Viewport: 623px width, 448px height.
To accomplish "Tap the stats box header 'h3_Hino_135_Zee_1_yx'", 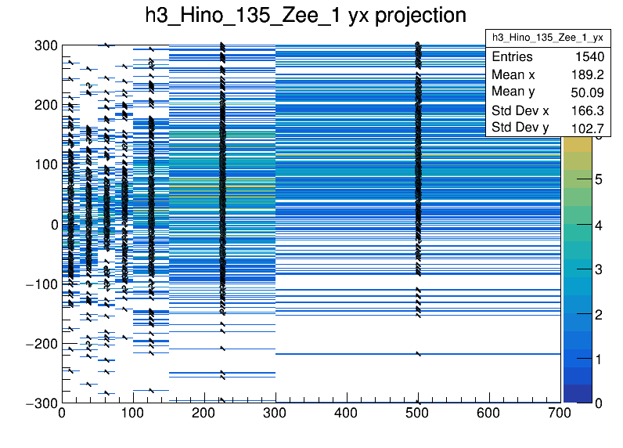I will click(547, 38).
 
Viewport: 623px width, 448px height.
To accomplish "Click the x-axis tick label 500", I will click(418, 414).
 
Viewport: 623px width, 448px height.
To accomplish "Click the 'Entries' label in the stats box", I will click(512, 57).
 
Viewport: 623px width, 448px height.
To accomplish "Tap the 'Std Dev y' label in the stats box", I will click(520, 128).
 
